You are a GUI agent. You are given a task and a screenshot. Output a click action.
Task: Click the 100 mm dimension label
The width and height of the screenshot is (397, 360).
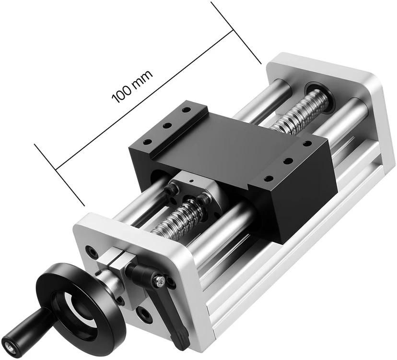coord(132,86)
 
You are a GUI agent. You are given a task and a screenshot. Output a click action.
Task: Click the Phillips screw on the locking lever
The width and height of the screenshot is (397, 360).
coord(160,281)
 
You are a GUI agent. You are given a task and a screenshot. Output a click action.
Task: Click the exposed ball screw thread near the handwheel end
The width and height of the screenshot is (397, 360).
coord(177,218)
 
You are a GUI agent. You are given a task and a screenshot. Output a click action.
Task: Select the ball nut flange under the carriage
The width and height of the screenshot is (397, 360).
coord(198,198)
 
